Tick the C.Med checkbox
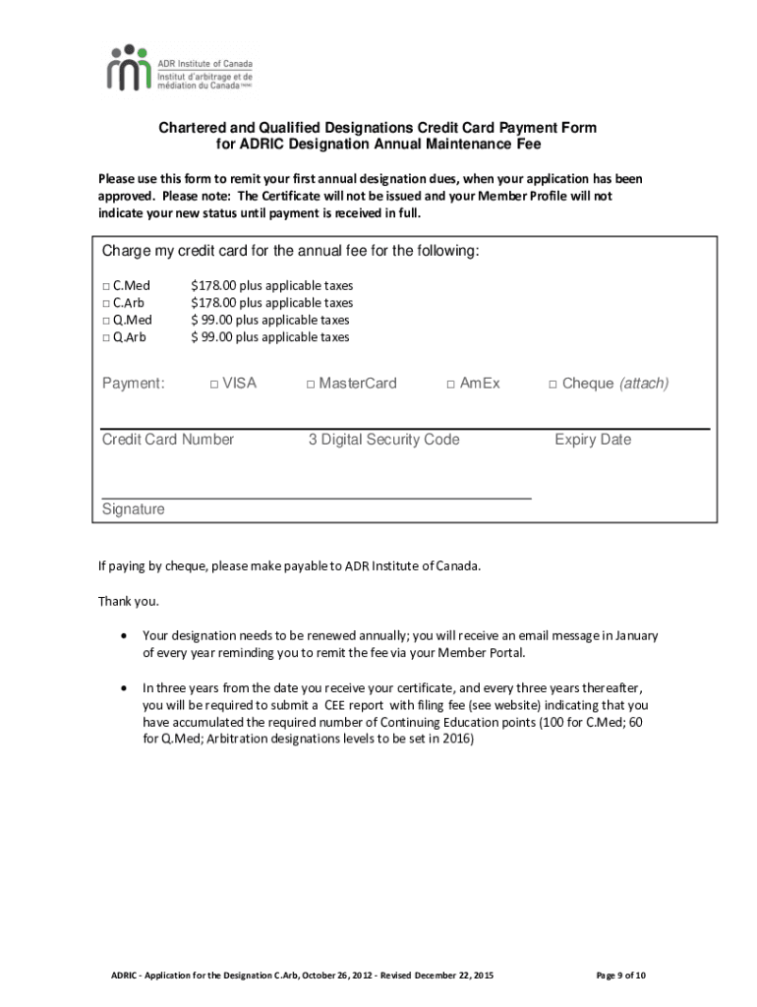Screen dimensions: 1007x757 (106, 286)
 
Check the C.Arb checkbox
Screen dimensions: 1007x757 (106, 303)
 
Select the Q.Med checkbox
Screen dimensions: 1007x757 (106, 321)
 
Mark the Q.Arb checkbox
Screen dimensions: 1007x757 (106, 337)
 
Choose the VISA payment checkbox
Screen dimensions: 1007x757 (214, 384)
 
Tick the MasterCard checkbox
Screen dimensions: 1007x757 (311, 384)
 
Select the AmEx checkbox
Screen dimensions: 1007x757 (451, 384)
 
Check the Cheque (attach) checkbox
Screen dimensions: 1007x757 (553, 384)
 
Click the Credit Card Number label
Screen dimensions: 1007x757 (168, 440)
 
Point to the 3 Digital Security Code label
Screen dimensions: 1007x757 (383, 440)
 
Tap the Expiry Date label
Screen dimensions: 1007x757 (593, 440)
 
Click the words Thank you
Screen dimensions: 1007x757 (128, 601)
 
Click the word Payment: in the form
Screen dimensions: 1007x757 (134, 384)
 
